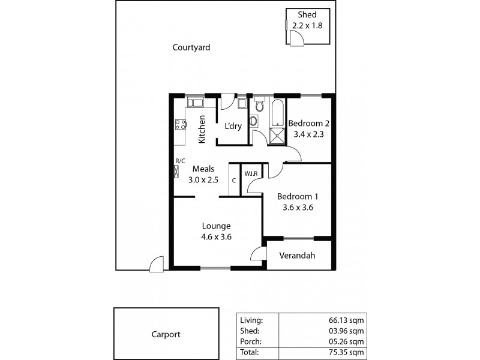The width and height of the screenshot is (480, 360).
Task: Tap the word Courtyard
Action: pos(191,47)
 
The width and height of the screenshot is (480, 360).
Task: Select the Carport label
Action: pos(166,335)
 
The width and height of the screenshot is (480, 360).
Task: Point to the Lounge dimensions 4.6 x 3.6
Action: pos(216,236)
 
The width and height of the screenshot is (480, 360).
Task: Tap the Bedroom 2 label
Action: pos(309,124)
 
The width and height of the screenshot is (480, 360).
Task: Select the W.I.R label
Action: pos(251,174)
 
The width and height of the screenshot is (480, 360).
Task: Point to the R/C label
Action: pos(179,161)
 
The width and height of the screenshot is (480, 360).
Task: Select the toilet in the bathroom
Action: pos(259,106)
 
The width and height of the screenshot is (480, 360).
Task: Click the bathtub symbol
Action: pos(277,113)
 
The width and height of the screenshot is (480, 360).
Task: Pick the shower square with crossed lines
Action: pos(277,136)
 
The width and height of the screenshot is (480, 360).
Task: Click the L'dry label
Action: pos(233,126)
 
